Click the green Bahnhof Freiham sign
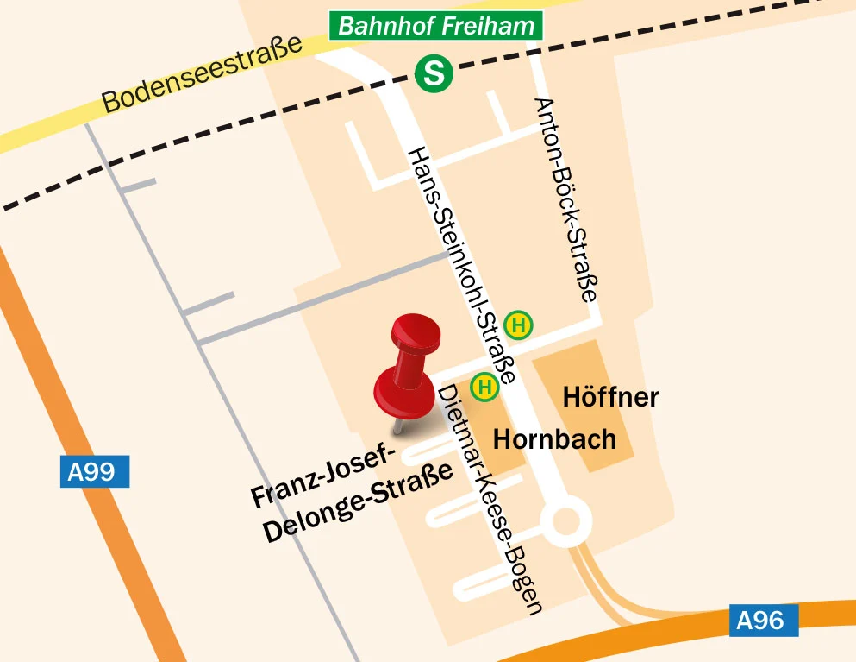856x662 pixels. [436, 26]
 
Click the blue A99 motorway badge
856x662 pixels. [94, 471]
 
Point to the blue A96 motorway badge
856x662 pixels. [763, 621]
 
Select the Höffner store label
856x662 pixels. [610, 397]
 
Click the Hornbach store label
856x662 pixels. [554, 439]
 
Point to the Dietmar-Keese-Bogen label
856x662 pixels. [490, 499]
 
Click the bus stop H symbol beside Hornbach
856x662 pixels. [485, 387]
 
